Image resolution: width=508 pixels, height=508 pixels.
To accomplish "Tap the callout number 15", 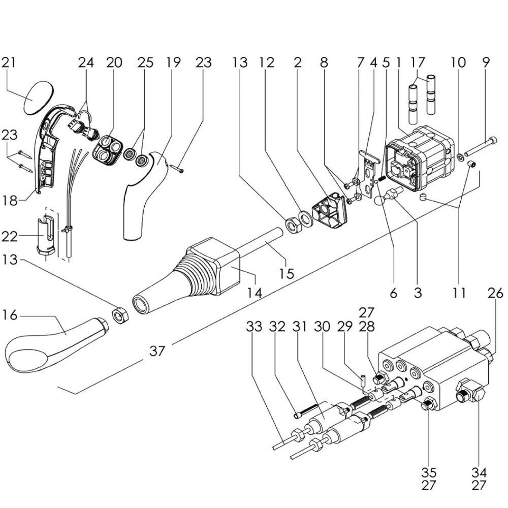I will point(287,273).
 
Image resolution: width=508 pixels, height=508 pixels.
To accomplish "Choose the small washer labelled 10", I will point(459,155).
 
